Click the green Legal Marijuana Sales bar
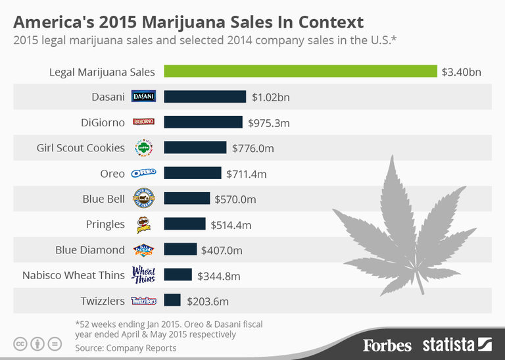[301, 71]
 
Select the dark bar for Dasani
[205, 97]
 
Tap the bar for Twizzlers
[172, 300]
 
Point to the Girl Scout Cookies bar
[195, 147]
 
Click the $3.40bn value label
[462, 72]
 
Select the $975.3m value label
[269, 122]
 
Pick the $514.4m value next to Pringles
[231, 224]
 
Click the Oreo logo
[143, 173]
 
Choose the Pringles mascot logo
[143, 224]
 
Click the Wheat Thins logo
[143, 274]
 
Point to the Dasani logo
[143, 97]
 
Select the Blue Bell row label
[103, 199]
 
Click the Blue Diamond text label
[90, 249]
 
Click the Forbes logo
[387, 345]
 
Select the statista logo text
[449, 344]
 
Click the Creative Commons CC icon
[20, 344]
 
